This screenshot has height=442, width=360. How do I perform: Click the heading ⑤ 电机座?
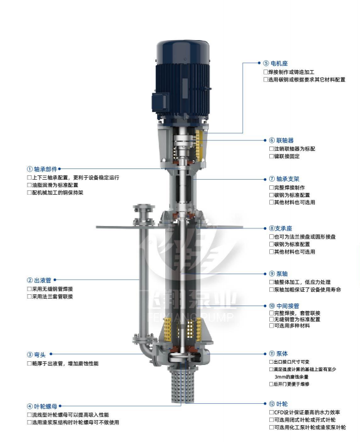point(275,63)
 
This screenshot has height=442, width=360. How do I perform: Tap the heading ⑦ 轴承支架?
point(284,179)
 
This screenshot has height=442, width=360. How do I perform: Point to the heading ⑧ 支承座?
point(280,229)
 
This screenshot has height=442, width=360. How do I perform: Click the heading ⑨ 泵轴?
point(278,274)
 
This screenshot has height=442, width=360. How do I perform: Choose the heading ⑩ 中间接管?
point(284,306)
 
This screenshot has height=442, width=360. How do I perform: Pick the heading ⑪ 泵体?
point(278,354)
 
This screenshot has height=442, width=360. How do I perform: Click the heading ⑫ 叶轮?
point(278,404)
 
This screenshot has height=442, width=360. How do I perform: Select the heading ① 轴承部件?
point(42,169)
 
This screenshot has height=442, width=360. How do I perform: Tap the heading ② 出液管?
point(39,280)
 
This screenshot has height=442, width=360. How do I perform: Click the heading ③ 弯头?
point(36,354)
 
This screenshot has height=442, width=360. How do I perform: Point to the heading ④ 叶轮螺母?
point(42,406)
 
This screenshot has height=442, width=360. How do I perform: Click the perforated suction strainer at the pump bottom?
point(183,386)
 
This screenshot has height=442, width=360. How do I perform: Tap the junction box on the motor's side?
point(160,102)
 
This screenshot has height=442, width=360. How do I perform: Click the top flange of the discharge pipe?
point(144,207)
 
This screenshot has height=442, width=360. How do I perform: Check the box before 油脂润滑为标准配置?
point(29,185)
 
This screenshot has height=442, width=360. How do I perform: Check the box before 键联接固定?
point(271,156)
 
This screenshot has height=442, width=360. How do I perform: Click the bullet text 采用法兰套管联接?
point(52,297)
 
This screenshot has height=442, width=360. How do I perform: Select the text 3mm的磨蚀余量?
point(292,377)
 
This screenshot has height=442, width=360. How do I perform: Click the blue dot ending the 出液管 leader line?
point(55,280)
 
